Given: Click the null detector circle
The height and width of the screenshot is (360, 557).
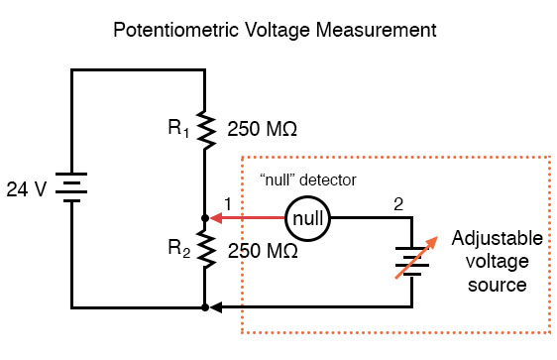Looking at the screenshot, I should pyautogui.click(x=306, y=217).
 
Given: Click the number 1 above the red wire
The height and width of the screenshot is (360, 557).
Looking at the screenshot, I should pyautogui.click(x=227, y=203).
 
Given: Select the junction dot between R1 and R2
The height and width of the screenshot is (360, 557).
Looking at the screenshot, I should pyautogui.click(x=203, y=217).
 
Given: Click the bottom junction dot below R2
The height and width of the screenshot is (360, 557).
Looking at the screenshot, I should pyautogui.click(x=203, y=308).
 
